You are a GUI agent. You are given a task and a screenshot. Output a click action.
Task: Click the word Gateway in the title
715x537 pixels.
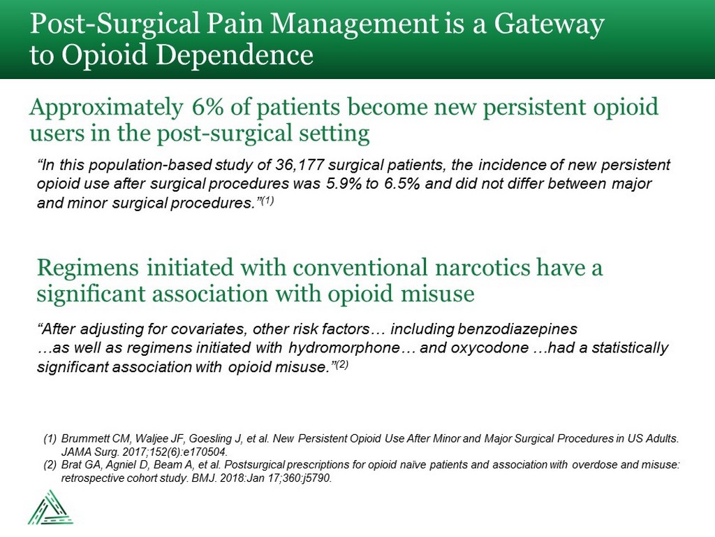pyautogui.click(x=549, y=24)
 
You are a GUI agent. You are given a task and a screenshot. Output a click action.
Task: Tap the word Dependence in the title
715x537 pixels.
pyautogui.click(x=233, y=55)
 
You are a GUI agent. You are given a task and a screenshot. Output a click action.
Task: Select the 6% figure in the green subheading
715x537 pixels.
pyautogui.click(x=208, y=107)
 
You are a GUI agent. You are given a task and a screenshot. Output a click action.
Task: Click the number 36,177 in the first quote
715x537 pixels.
pyautogui.click(x=300, y=164)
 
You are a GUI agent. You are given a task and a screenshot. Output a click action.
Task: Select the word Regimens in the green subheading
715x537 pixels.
pyautogui.click(x=87, y=268)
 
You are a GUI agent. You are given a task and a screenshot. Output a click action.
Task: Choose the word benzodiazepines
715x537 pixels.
pyautogui.click(x=517, y=329)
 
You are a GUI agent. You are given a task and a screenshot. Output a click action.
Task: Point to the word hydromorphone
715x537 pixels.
pyautogui.click(x=344, y=348)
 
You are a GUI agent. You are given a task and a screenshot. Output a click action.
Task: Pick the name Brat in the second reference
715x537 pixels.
pyautogui.click(x=70, y=465)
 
